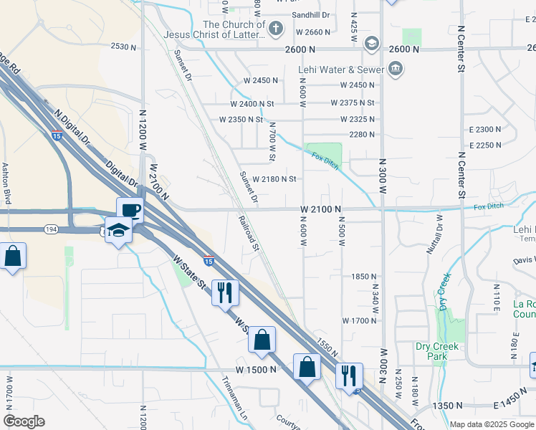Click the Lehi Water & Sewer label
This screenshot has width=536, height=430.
[x=340, y=70]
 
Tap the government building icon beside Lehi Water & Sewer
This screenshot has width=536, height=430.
[x=395, y=70]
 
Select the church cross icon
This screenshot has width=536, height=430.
[x=277, y=29]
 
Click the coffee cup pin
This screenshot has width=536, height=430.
[x=130, y=211]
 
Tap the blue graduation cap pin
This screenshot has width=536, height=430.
[x=118, y=230]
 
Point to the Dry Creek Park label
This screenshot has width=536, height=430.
[x=436, y=351]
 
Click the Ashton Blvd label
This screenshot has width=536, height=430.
[x=6, y=183]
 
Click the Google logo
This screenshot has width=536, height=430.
[x=24, y=421]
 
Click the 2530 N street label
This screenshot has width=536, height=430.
[x=123, y=47]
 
